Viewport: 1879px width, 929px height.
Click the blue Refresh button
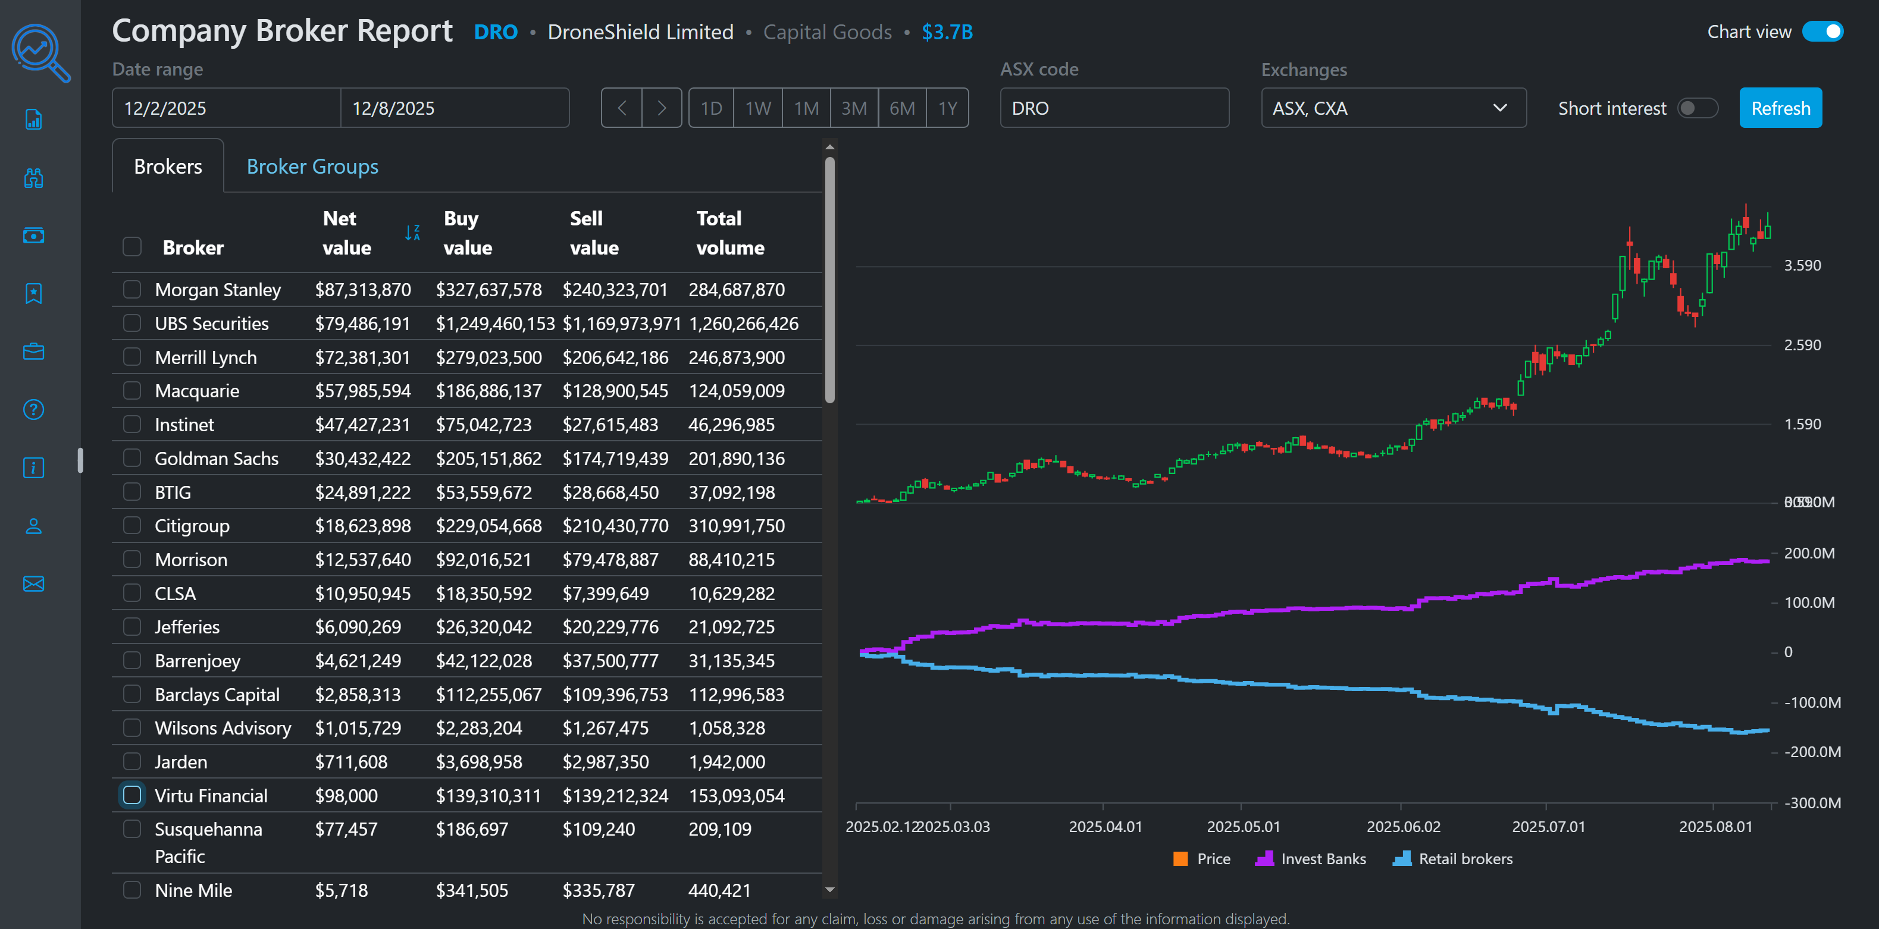coord(1780,108)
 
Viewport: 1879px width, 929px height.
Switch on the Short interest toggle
coord(1697,108)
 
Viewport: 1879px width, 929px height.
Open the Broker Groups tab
coord(312,167)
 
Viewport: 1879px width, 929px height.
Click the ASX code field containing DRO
coord(1113,108)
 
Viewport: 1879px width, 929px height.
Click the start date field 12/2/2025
coord(226,108)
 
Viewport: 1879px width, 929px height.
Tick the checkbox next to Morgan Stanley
coord(132,290)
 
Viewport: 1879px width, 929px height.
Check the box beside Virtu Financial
coord(132,795)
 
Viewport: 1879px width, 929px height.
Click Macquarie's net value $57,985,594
coord(362,391)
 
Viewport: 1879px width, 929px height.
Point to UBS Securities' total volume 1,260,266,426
coord(743,324)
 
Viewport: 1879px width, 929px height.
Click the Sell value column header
coord(594,233)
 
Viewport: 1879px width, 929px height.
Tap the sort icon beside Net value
coord(412,233)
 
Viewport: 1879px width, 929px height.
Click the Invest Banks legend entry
coord(1311,858)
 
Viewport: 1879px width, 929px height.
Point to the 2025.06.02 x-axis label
coord(1402,826)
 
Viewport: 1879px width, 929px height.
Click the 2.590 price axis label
coord(1802,345)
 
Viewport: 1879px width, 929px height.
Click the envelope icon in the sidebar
coord(33,583)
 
